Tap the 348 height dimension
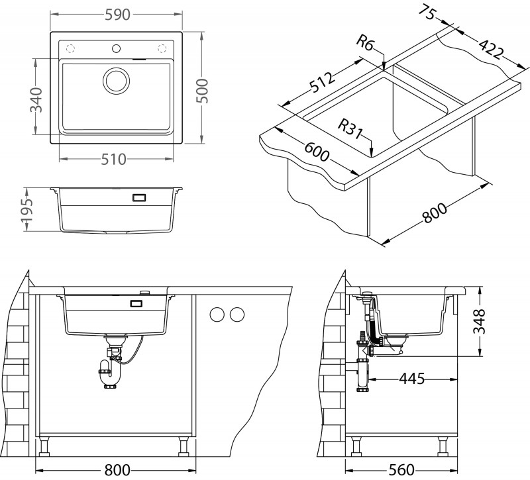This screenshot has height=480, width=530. point(488,322)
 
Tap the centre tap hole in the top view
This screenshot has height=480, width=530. point(117,48)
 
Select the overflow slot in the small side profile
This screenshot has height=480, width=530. point(139,197)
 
